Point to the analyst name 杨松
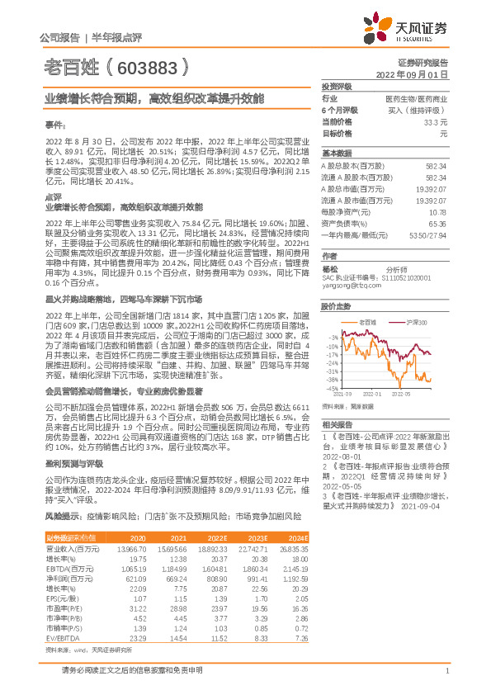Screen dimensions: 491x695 [x=330, y=268]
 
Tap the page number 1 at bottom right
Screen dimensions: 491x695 [x=446, y=682]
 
